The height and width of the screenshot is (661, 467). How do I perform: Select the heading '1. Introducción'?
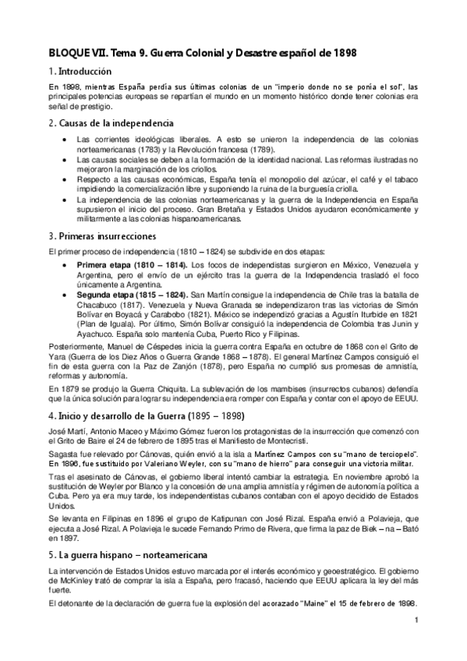(x=80, y=71)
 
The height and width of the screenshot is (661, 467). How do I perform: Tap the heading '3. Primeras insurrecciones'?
(x=102, y=235)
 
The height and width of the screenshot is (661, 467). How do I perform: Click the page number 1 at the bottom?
(x=417, y=620)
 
